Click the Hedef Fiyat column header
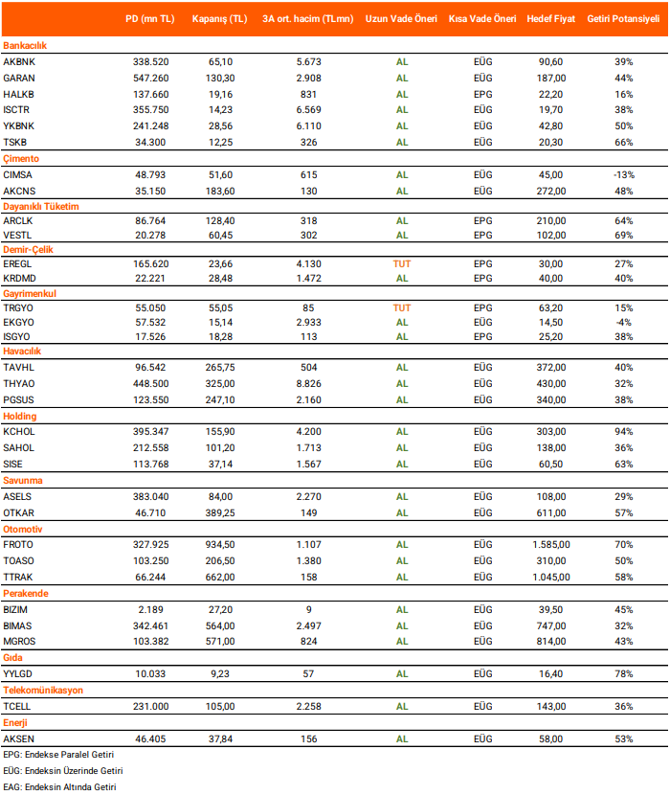click(551, 18)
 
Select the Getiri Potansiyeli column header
click(623, 18)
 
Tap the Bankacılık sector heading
click(25, 45)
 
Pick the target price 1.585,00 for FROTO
click(551, 544)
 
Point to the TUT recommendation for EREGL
click(402, 262)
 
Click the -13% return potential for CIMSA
click(624, 174)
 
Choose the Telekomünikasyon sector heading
click(43, 690)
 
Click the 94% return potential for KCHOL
click(624, 432)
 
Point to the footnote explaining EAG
click(59, 786)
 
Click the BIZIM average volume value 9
click(308, 609)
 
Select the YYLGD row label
click(19, 674)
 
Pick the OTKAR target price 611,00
click(551, 512)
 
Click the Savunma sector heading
click(23, 480)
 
